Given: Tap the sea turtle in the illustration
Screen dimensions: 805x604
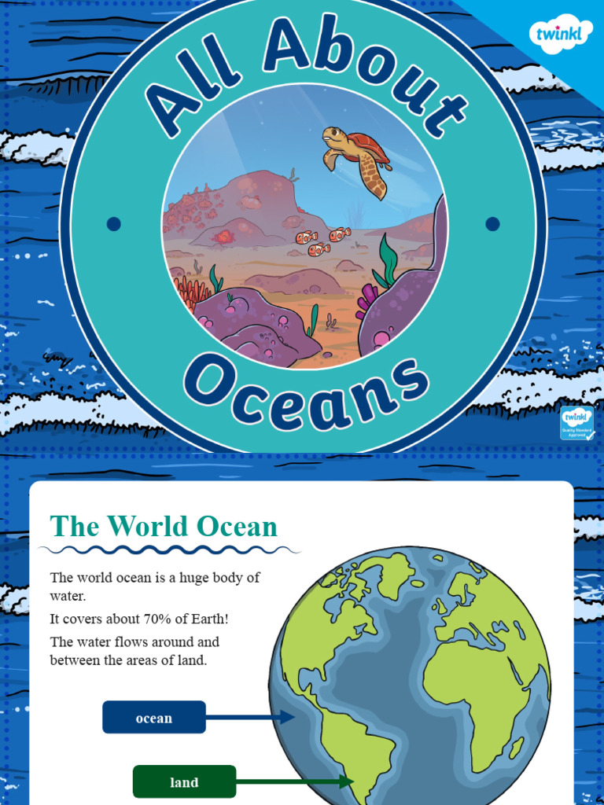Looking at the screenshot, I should coord(357,157).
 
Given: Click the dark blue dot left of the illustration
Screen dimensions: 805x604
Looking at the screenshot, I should coord(113,224).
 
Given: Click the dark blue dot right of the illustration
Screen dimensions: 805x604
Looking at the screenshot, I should coord(492,224).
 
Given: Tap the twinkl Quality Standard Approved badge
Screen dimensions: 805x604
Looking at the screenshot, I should coord(576,423).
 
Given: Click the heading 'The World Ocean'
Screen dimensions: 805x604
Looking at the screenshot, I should coord(164,527).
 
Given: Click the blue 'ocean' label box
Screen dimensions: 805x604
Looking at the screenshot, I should coord(154,718).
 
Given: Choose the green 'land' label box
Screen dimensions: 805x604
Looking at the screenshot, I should coord(184,782).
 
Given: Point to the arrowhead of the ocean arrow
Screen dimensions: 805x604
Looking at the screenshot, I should coord(289,717).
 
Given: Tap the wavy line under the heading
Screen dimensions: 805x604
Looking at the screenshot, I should coord(169,550).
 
